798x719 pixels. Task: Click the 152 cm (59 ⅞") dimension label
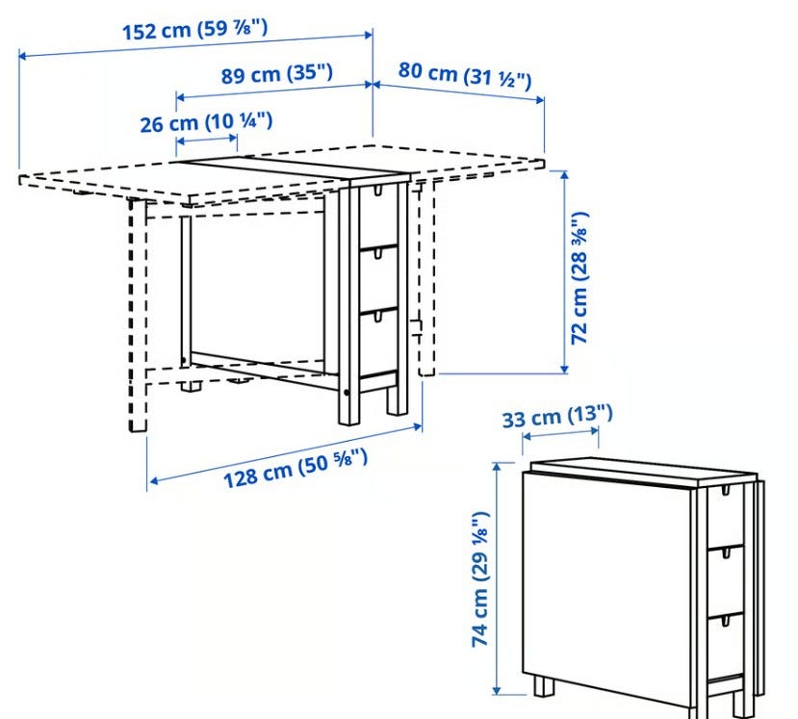coord(194,29)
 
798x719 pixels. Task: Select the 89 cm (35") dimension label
coord(277,74)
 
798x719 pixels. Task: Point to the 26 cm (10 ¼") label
coord(206,122)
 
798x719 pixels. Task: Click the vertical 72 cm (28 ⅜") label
coord(579,278)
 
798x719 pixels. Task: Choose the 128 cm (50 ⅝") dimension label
coord(296,468)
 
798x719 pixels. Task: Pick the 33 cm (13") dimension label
coord(557,418)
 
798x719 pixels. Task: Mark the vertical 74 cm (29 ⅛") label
coord(480,579)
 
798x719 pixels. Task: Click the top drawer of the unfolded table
coord(377,217)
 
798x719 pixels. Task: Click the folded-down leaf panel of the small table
coord(607,589)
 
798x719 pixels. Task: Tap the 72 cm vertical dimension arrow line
coord(564,271)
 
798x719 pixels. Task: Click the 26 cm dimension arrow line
coord(207,139)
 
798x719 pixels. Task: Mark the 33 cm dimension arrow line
coord(560,433)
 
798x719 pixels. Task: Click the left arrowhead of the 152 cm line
coord(22,55)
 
